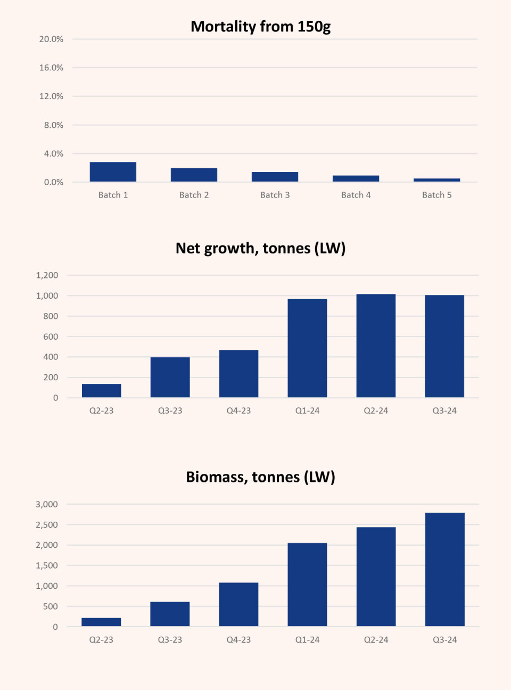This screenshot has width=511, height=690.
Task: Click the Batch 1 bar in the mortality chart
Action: click(x=113, y=172)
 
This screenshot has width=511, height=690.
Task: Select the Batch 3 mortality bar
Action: click(x=275, y=177)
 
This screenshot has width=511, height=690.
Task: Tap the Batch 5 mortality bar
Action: click(x=436, y=180)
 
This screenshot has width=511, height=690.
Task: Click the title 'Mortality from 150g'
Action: click(x=261, y=27)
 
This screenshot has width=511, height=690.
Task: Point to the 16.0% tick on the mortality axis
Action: click(x=51, y=68)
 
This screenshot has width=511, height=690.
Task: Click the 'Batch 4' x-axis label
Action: click(x=356, y=195)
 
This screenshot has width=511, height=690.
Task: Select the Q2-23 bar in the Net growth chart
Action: click(x=102, y=391)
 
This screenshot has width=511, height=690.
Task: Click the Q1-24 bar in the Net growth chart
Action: click(x=307, y=348)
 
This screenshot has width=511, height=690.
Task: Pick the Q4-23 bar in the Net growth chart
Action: click(x=238, y=374)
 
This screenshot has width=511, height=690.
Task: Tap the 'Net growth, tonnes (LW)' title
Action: click(x=261, y=248)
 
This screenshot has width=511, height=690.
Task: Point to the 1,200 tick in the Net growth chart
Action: click(x=47, y=275)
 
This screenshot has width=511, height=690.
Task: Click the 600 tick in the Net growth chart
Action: click(x=51, y=336)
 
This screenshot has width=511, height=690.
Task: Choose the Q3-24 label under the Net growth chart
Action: click(x=444, y=410)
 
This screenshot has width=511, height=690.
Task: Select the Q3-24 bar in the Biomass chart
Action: click(x=444, y=570)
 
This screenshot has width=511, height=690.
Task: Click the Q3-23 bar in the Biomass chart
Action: click(x=170, y=614)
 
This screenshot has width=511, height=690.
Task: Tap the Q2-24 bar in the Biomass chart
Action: click(x=376, y=577)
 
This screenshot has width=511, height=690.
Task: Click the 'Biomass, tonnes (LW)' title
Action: click(x=261, y=477)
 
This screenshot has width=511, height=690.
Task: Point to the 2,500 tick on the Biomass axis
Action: click(x=47, y=525)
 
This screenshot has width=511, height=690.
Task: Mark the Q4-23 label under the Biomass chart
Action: click(x=238, y=639)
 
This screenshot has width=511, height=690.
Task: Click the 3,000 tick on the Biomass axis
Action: click(x=47, y=504)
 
